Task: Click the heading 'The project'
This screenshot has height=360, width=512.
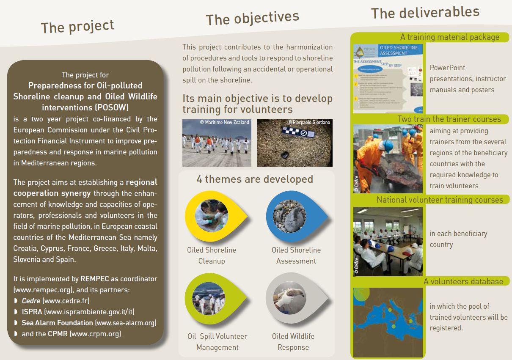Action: coord(77,27)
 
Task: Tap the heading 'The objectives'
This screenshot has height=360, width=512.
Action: coord(252,18)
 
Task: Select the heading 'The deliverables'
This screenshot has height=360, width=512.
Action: coord(425,12)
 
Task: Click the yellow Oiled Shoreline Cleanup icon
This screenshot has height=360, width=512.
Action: coord(212,216)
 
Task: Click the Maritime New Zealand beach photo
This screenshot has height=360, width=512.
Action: coord(216,143)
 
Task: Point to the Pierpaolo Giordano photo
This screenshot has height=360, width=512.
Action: coord(295,143)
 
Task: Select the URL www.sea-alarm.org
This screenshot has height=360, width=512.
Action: coord(126,323)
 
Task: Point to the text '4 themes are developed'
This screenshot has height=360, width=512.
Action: coord(254,179)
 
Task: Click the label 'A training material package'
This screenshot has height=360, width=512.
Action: coord(449,37)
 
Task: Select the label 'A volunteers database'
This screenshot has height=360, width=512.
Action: coord(463,281)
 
